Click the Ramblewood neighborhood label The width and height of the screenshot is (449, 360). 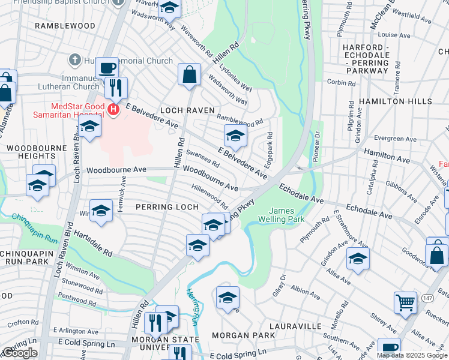[x=65, y=26]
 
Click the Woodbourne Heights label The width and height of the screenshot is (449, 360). [x=28, y=151]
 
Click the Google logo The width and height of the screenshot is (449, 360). [x=20, y=353]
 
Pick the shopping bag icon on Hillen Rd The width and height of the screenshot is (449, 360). [x=189, y=75]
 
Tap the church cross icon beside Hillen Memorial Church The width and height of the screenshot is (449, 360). [x=74, y=60]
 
